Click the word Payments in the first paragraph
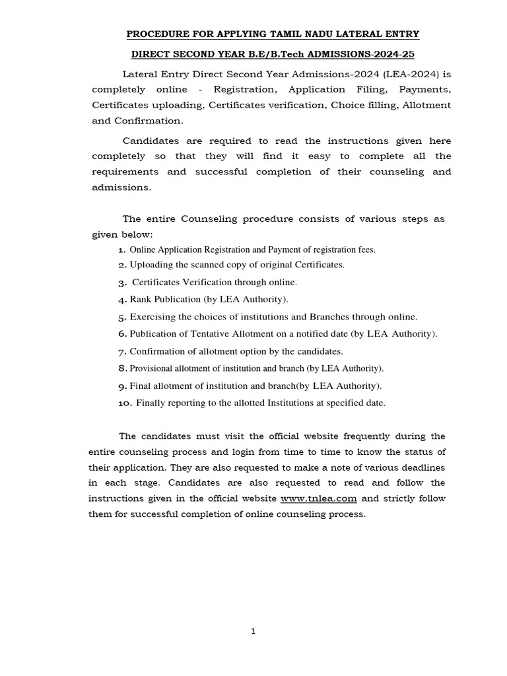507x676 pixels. pyautogui.click(x=424, y=89)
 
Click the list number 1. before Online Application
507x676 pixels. pyautogui.click(x=121, y=250)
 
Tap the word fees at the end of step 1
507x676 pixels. pyautogui.click(x=365, y=250)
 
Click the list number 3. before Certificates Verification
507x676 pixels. pyautogui.click(x=122, y=283)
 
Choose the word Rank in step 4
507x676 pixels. pyautogui.click(x=141, y=299)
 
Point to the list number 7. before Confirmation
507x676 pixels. pyautogui.click(x=122, y=352)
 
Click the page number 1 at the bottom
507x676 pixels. pyautogui.click(x=253, y=631)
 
